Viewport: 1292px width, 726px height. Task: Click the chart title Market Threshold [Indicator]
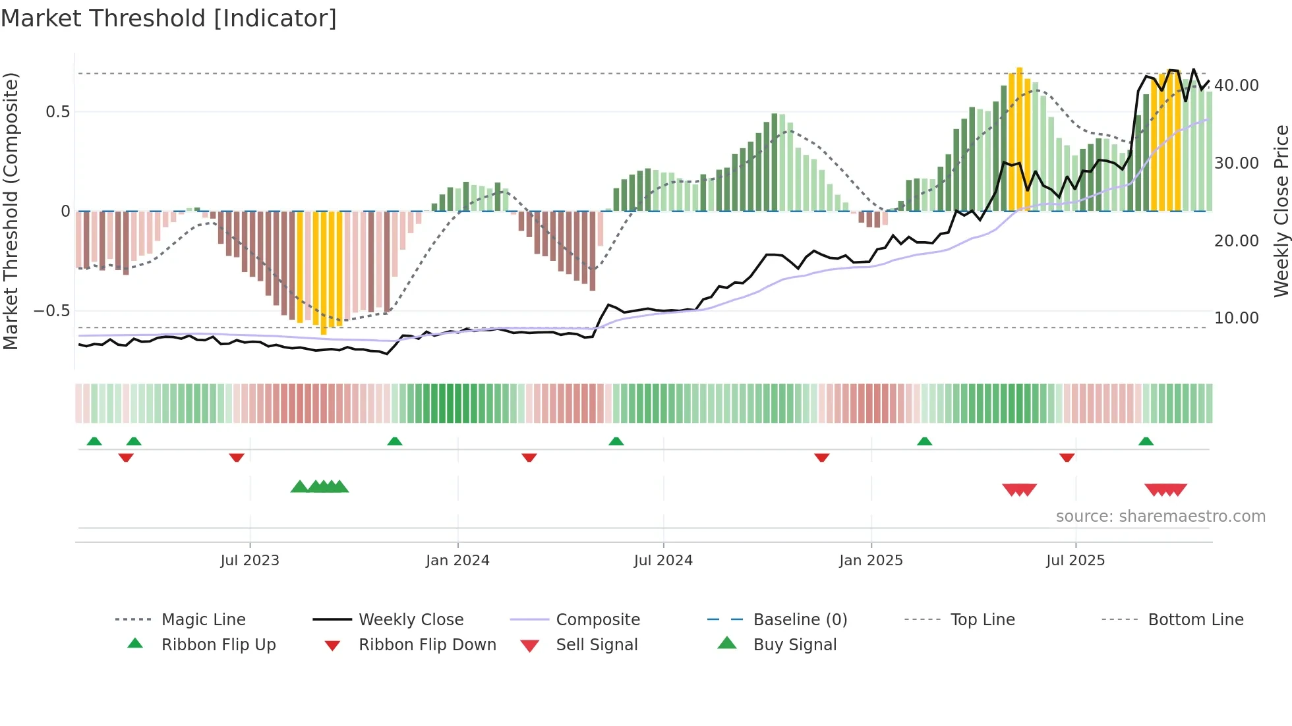[169, 18]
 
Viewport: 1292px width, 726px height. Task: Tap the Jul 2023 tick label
[250, 561]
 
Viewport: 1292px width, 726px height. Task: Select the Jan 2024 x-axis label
[457, 561]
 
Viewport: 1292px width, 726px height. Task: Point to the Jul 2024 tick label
[663, 561]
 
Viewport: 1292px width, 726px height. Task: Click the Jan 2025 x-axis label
[871, 561]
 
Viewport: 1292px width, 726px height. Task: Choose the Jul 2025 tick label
[1075, 561]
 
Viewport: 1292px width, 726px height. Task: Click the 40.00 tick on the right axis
[1237, 86]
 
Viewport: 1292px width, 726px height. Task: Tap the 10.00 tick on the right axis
[1237, 318]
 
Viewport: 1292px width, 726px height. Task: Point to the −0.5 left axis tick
[51, 311]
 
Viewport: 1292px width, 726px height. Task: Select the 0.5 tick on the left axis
[57, 112]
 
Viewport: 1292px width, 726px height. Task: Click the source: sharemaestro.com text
[1160, 517]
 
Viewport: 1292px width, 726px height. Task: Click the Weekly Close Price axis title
[1281, 211]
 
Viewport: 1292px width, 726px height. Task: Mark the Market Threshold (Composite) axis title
[11, 211]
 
